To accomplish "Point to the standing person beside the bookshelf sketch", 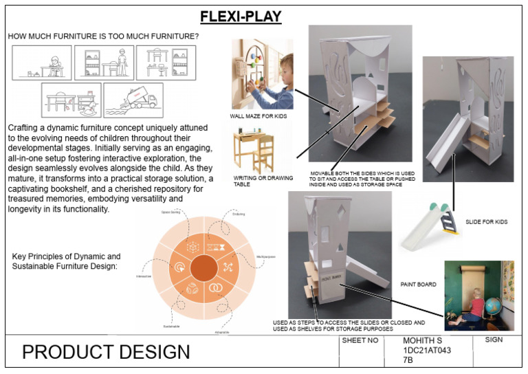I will tap(122, 63).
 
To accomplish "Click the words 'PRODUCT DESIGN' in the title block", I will tap(106, 352).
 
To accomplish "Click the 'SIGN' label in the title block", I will tap(494, 340).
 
